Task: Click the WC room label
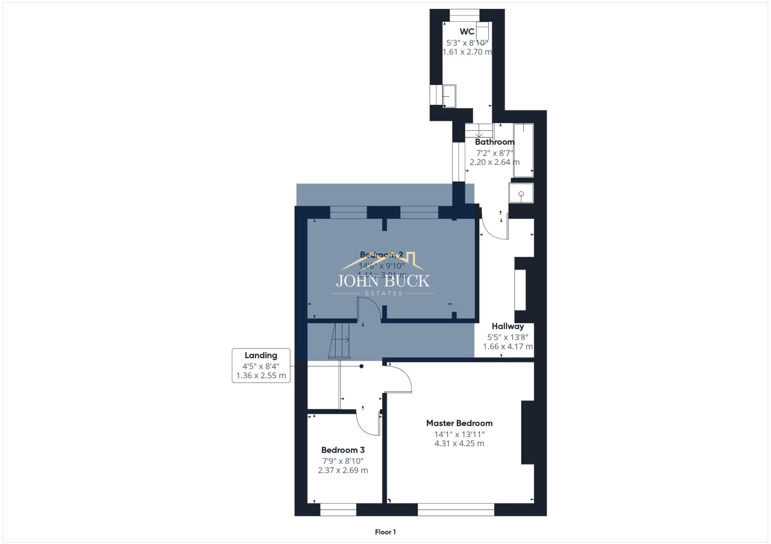[x=467, y=32]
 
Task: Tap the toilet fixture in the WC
[x=482, y=32]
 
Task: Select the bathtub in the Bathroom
[x=523, y=150]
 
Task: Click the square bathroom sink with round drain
[x=521, y=193]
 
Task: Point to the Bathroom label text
[x=494, y=142]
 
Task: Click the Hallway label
[x=507, y=326]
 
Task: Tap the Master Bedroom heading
[x=459, y=423]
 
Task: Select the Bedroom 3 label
[x=343, y=450]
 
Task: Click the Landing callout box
[x=261, y=365]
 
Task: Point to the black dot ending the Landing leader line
[x=361, y=366]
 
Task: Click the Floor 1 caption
[x=385, y=532]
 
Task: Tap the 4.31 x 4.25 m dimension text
[x=459, y=444]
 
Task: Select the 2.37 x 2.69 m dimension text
[x=343, y=470]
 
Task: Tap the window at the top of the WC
[x=465, y=15]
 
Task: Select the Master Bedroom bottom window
[x=456, y=510]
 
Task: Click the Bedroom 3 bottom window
[x=338, y=510]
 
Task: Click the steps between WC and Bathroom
[x=478, y=131]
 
